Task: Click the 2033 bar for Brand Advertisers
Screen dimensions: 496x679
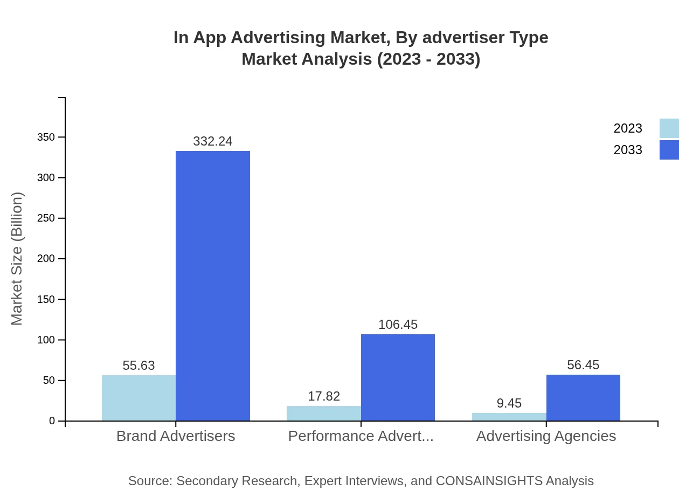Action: tap(213, 286)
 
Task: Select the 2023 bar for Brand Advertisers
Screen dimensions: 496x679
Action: tap(138, 398)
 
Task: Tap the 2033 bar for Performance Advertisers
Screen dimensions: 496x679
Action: tap(398, 377)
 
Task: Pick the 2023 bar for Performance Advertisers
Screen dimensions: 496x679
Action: tap(323, 414)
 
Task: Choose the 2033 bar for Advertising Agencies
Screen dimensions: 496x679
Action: tap(583, 398)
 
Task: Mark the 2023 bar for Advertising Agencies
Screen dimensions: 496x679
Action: tap(509, 417)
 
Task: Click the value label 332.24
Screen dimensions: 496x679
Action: tap(213, 141)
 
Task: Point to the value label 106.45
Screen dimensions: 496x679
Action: tap(398, 325)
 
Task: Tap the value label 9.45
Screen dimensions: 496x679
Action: tap(509, 403)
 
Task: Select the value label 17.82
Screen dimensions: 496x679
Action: tap(323, 396)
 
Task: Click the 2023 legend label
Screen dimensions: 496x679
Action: tap(627, 128)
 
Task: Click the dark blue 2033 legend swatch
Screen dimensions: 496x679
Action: tap(669, 150)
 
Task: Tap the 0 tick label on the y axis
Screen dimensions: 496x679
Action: tap(52, 421)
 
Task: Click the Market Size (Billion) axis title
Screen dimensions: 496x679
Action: tap(17, 259)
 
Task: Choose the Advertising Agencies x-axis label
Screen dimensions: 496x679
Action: tap(546, 436)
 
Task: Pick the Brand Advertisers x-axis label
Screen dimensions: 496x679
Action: tap(176, 436)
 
